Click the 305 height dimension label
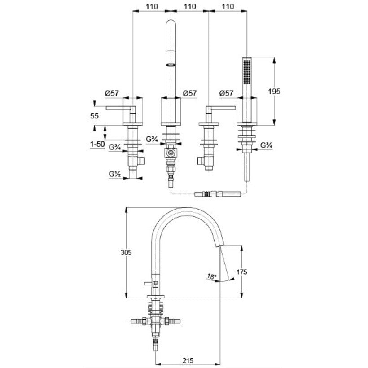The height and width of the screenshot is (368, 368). click(x=126, y=253)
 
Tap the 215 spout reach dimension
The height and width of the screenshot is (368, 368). click(x=188, y=360)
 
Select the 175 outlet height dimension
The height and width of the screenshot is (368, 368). click(x=242, y=272)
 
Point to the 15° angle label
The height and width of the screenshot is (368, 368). click(x=212, y=276)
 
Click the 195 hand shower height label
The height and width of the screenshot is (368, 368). click(x=274, y=91)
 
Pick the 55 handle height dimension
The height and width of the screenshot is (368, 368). click(x=94, y=116)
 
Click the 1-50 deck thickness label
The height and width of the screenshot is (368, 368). click(x=97, y=144)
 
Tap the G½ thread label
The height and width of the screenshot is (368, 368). click(x=115, y=174)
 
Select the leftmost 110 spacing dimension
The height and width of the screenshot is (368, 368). click(x=152, y=6)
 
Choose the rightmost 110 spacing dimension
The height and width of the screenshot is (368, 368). click(x=228, y=6)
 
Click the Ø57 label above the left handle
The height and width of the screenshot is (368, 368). click(x=112, y=93)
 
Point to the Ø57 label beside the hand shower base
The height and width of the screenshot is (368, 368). click(x=226, y=93)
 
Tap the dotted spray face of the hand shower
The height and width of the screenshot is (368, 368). click(x=247, y=72)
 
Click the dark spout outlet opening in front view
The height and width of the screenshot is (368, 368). click(x=171, y=65)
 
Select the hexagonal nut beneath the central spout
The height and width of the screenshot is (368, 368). click(x=171, y=153)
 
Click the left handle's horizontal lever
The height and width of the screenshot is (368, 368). click(x=121, y=108)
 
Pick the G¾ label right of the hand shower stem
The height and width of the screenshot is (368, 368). click(x=267, y=145)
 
